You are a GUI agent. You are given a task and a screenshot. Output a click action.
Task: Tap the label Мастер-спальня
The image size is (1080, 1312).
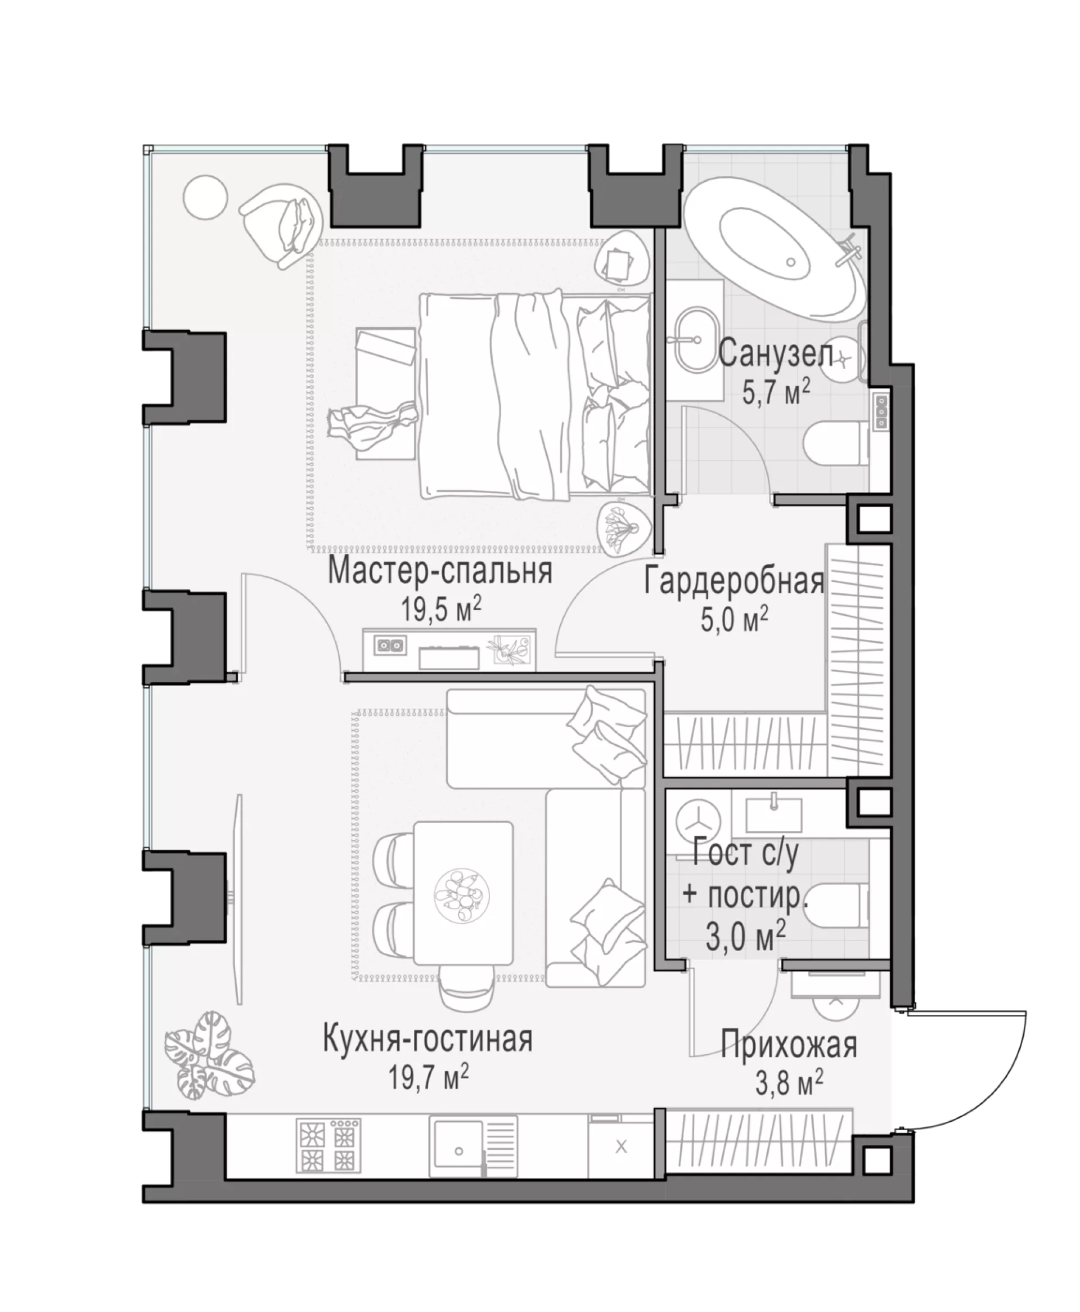[x=440, y=571]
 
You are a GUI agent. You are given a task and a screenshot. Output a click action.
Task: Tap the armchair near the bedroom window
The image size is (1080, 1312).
[x=281, y=224]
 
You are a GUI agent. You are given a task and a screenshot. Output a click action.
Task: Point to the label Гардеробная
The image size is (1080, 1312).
[x=734, y=582]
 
